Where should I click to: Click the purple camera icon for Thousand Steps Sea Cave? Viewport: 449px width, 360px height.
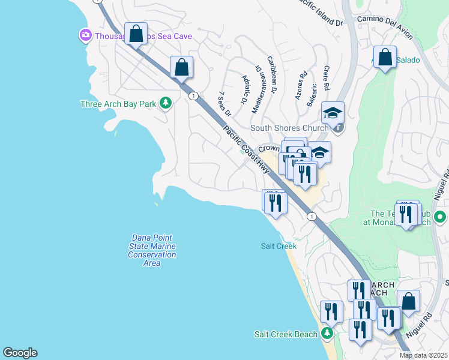85,36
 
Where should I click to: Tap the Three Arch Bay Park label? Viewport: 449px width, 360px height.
118,104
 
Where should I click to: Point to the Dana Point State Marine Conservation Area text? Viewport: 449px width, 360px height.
152,250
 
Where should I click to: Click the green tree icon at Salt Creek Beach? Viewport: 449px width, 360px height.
327,333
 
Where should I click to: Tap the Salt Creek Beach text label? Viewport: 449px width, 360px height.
285,334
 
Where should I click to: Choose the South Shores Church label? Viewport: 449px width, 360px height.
289,128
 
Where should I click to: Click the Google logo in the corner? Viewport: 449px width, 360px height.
20,353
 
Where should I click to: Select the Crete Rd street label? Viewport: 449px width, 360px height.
326,78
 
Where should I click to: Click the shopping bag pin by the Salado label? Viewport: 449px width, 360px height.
385,58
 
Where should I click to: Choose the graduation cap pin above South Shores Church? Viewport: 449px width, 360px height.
333,112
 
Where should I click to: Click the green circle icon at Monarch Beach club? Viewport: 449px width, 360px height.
440,217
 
